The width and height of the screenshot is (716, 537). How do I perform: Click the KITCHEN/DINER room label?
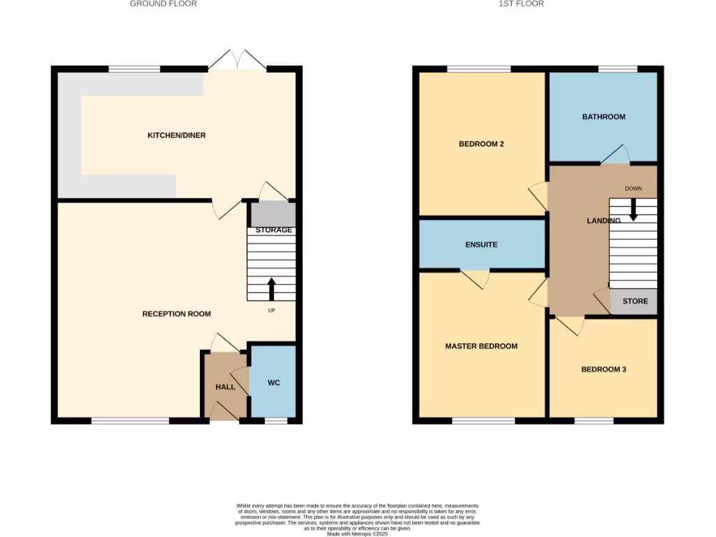(176, 135)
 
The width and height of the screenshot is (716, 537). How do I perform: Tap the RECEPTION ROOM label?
(176, 314)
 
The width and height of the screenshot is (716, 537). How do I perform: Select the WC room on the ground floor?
(273, 382)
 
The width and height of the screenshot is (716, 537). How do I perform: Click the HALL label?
(225, 387)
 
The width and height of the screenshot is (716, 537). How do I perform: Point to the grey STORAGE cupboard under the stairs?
(273, 214)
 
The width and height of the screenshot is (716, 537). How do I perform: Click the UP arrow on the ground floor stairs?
(271, 289)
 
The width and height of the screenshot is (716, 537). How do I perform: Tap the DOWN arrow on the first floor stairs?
(633, 209)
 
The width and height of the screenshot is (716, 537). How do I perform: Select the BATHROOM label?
(603, 117)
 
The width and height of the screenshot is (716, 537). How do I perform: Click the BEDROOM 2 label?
(481, 144)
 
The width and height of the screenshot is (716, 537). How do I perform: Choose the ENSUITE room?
(481, 245)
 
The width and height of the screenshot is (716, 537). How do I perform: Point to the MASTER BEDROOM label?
(481, 346)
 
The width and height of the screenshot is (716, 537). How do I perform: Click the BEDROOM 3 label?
(603, 369)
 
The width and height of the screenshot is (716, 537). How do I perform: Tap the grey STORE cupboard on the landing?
(634, 301)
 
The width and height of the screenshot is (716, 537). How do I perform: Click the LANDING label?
(603, 221)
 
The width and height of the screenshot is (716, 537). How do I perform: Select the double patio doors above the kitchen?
(238, 61)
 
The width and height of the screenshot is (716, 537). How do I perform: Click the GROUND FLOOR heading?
(164, 3)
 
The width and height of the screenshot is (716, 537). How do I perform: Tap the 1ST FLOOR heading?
(521, 3)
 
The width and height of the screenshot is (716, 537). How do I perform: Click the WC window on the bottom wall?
(275, 421)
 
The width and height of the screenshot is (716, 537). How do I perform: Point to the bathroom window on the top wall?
(617, 69)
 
